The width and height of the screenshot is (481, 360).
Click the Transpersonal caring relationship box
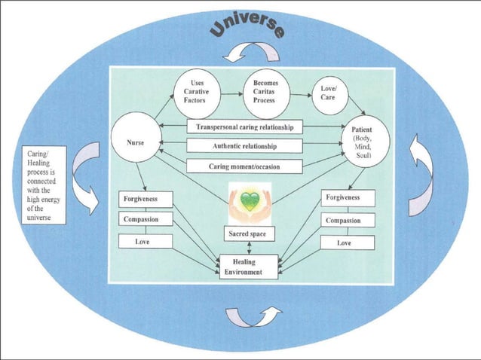pyautogui.click(x=244, y=127)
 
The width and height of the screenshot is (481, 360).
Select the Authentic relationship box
pyautogui.click(x=244, y=146)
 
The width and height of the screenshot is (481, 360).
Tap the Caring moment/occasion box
pyautogui.click(x=244, y=166)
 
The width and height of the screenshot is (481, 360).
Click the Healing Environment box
pyautogui.click(x=248, y=267)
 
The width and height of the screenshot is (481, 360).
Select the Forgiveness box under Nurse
pyautogui.click(x=146, y=200)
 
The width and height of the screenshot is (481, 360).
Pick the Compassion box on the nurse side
pyautogui.click(x=146, y=220)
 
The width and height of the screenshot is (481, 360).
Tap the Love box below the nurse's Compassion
pyautogui.click(x=146, y=242)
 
